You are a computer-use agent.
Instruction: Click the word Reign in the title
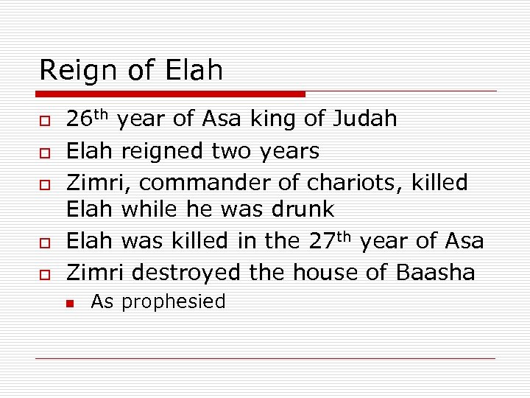[x=77, y=71]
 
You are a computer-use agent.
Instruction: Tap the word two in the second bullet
[x=231, y=151]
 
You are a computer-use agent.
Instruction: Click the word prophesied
[x=173, y=302]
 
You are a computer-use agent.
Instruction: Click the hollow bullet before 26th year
[x=44, y=121]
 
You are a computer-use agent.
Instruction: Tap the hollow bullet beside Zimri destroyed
[x=44, y=274]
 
